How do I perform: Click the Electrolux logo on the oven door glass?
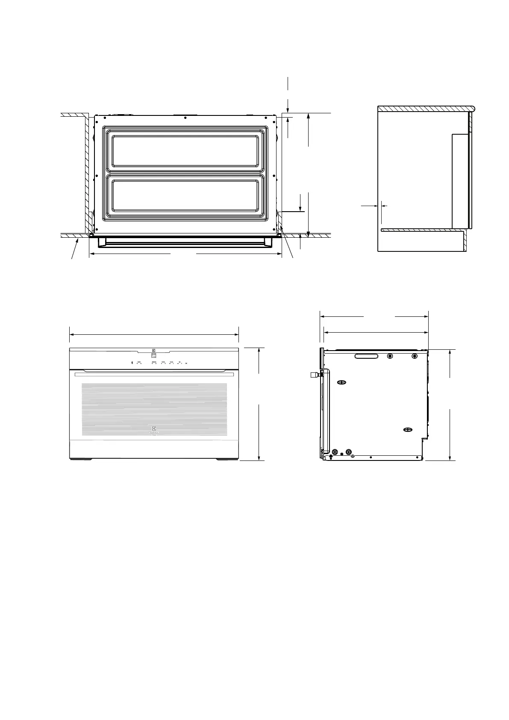[x=154, y=429]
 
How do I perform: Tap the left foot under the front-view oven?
[x=80, y=459]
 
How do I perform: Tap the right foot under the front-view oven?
[x=227, y=459]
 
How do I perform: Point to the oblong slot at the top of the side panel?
[x=367, y=356]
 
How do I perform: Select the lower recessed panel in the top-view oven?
[x=185, y=195]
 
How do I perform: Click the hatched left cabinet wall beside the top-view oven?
[x=86, y=171]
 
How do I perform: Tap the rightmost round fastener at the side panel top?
[x=415, y=356]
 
